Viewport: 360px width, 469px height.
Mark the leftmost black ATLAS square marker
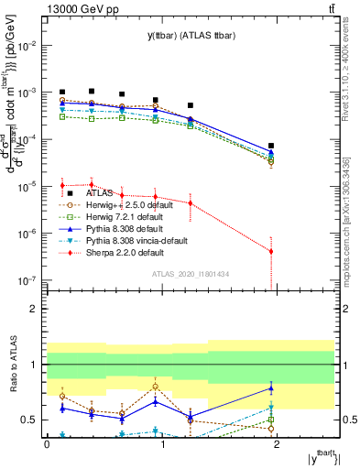(62, 93)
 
